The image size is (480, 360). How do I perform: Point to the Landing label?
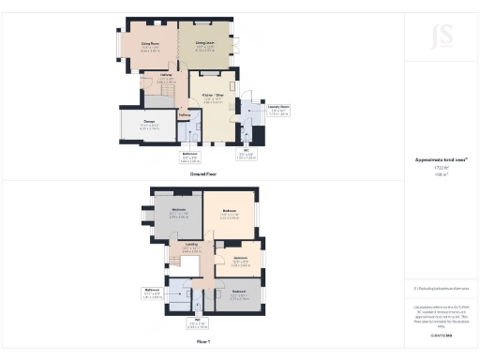point(189,249)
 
